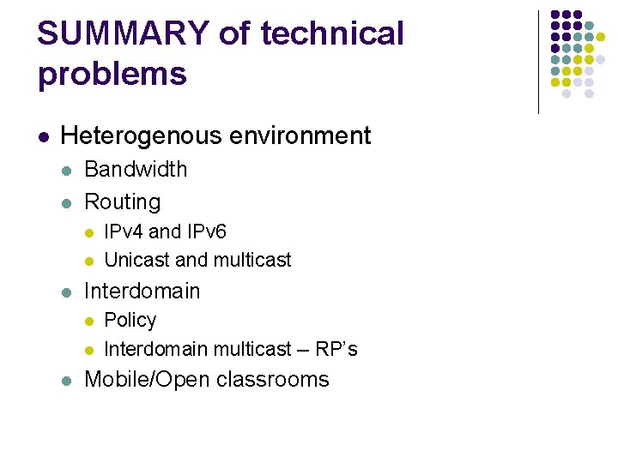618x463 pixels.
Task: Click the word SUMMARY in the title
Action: pyautogui.click(x=123, y=34)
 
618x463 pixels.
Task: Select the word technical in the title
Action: pyautogui.click(x=331, y=34)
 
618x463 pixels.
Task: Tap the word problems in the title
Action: pyautogui.click(x=112, y=75)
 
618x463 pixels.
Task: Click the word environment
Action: pyautogui.click(x=306, y=135)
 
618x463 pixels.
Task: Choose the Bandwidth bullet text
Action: pyautogui.click(x=136, y=169)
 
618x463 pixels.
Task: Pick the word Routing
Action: pyautogui.click(x=122, y=202)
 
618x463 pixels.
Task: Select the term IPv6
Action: pyautogui.click(x=205, y=231)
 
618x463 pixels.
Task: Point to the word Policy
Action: pyautogui.click(x=130, y=321)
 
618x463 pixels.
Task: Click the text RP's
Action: pyautogui.click(x=337, y=349)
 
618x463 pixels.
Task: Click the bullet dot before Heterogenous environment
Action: pyautogui.click(x=43, y=136)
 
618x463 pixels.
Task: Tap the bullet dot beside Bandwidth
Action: pyautogui.click(x=68, y=170)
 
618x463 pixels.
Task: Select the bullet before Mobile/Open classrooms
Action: pyautogui.click(x=68, y=380)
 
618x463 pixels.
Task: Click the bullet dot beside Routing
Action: pyautogui.click(x=68, y=203)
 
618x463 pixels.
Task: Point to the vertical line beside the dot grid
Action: pyautogui.click(x=538, y=62)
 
